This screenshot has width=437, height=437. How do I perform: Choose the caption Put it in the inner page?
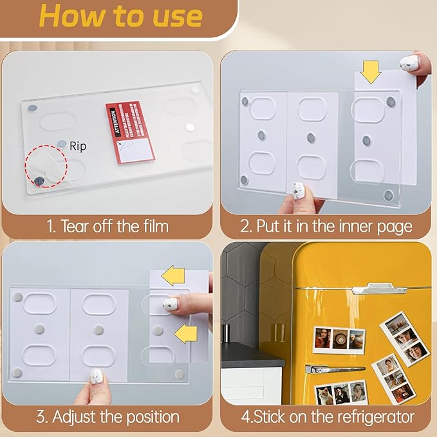tap(326, 226)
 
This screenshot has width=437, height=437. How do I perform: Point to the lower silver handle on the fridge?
tap(335, 369)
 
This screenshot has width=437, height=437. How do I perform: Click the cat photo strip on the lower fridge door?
tap(342, 393)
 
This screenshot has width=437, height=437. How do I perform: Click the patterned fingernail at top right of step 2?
tap(409, 63)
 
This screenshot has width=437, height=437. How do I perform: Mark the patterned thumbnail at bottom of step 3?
tap(96, 376)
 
